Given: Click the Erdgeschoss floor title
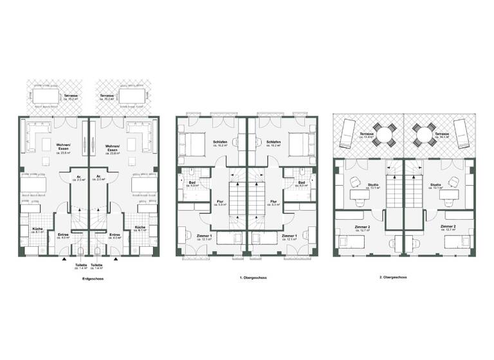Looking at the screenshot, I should (x=89, y=279).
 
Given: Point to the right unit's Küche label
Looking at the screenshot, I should (x=140, y=229).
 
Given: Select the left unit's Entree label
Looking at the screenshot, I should (x=63, y=236).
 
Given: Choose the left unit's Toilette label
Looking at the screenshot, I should (x=81, y=265).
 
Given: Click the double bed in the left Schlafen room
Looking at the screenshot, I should (x=192, y=142).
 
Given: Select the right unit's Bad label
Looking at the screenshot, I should (x=302, y=184).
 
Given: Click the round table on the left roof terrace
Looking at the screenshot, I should (x=385, y=134).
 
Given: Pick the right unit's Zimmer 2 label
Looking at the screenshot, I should (x=448, y=228).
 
